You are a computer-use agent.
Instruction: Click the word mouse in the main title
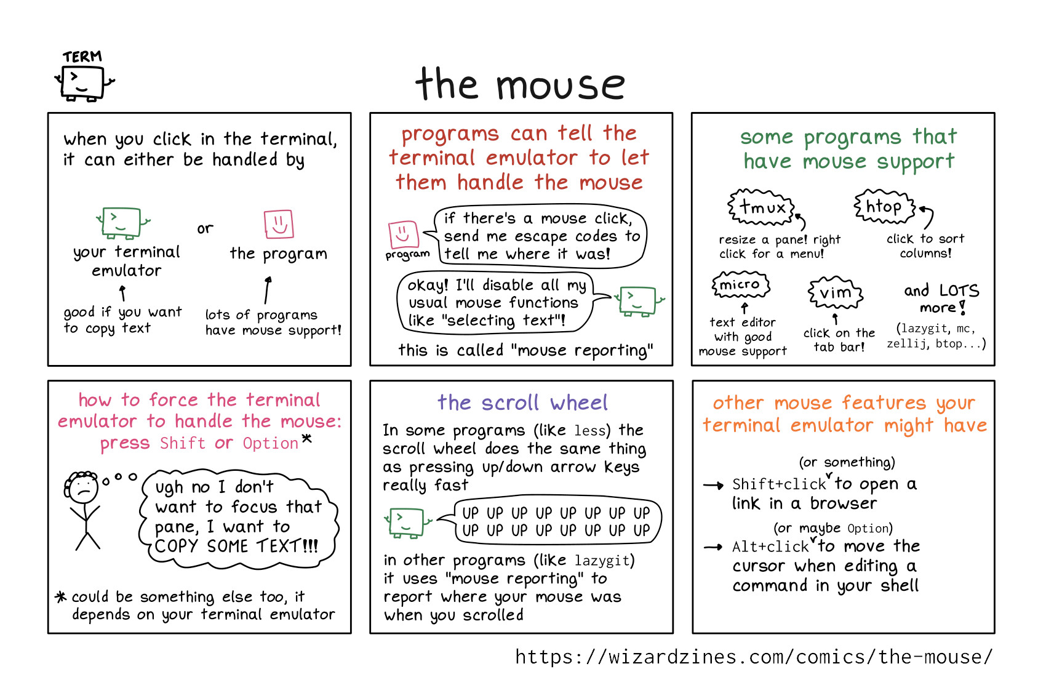click(561, 85)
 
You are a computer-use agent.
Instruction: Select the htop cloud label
click(884, 206)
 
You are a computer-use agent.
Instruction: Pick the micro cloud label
click(740, 284)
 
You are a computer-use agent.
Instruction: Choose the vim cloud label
click(836, 292)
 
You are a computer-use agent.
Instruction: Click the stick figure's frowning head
click(82, 487)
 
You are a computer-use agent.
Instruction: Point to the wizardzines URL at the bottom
click(754, 657)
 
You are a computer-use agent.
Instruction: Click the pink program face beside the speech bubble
click(404, 234)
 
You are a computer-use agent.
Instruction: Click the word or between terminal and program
click(205, 228)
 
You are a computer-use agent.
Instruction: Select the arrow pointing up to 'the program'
click(268, 290)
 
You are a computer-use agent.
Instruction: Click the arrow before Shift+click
click(713, 485)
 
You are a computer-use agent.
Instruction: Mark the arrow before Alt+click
click(713, 547)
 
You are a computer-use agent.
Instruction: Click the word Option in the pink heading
click(270, 443)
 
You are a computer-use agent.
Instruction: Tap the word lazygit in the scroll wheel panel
click(602, 560)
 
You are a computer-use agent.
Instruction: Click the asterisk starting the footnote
click(61, 596)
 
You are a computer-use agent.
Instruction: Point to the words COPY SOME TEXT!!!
click(236, 546)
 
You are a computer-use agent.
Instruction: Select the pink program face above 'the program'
click(279, 224)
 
